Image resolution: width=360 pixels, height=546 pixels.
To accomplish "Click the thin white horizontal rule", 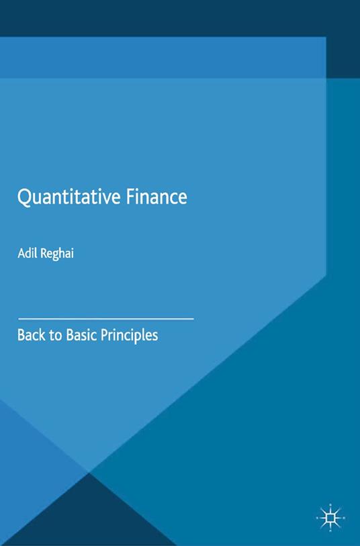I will point(105,317).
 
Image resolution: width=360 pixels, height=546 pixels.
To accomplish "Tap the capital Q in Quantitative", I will point(25,197).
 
